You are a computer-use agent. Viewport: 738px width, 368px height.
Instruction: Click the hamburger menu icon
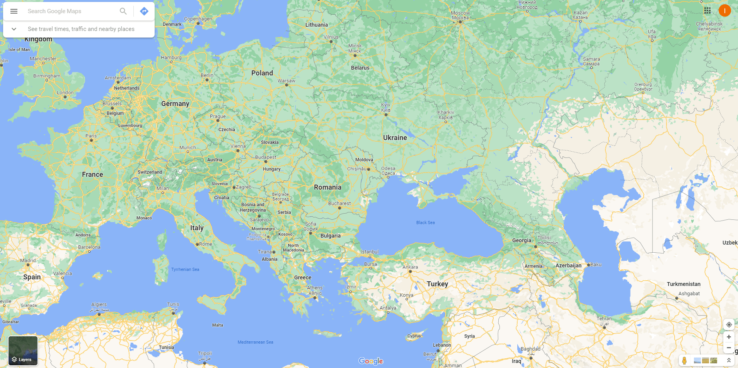[14, 11]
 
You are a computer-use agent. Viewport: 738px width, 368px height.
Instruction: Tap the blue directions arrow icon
[144, 11]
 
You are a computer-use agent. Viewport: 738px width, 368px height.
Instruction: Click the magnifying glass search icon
[123, 11]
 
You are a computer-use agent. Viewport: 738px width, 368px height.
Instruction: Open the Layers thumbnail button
[23, 351]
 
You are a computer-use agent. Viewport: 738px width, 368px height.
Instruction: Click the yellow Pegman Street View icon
[684, 361]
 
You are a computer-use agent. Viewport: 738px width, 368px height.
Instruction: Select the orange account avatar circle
[724, 11]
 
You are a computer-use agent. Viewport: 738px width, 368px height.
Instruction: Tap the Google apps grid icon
[707, 11]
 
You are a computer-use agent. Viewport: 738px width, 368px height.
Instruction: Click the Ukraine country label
[395, 138]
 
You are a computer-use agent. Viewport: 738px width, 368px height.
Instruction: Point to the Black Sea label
[425, 223]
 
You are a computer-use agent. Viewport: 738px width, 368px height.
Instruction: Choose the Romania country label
[327, 187]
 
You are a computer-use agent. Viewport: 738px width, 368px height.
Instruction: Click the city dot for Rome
[197, 245]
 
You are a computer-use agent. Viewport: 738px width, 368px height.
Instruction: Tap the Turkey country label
[437, 284]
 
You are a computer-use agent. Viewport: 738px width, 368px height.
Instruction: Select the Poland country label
[262, 73]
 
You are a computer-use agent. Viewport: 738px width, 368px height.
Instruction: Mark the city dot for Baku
[588, 265]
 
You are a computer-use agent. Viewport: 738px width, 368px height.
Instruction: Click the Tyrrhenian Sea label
[185, 269]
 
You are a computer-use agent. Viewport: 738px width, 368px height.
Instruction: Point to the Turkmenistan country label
[683, 284]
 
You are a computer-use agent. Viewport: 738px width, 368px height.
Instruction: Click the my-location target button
[729, 325]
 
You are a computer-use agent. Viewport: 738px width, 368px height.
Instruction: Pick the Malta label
[218, 325]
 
